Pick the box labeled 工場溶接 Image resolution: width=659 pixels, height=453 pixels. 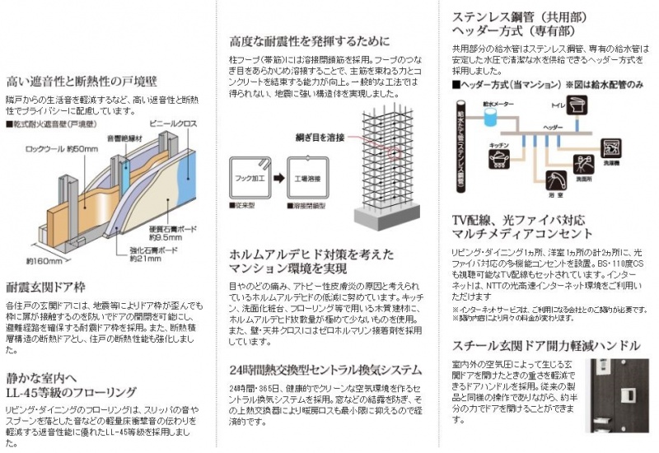point(302,176)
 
